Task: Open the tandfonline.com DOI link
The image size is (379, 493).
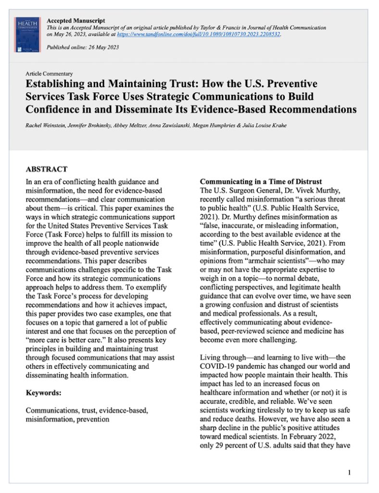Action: (208, 35)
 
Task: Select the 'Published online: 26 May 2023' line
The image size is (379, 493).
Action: (83, 47)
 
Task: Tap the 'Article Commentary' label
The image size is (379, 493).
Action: (50, 74)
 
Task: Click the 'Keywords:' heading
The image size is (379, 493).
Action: (43, 393)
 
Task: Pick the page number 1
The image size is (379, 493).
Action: (349, 472)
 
